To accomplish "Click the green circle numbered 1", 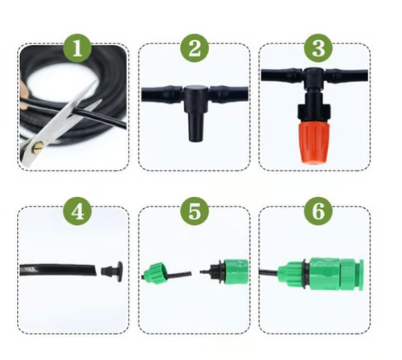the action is (77, 48).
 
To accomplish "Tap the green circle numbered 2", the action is (195, 48).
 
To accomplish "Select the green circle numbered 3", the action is (318, 48).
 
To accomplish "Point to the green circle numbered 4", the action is (77, 212).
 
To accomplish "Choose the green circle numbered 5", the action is (195, 212).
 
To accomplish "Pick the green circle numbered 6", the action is (318, 212).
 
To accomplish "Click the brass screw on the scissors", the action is (37, 147).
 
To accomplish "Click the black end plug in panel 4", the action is (112, 271).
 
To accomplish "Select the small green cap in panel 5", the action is (153, 272).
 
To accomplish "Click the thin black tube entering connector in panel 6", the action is (269, 273).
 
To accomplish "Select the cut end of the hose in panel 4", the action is (95, 270).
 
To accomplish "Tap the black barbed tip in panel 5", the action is (205, 272).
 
